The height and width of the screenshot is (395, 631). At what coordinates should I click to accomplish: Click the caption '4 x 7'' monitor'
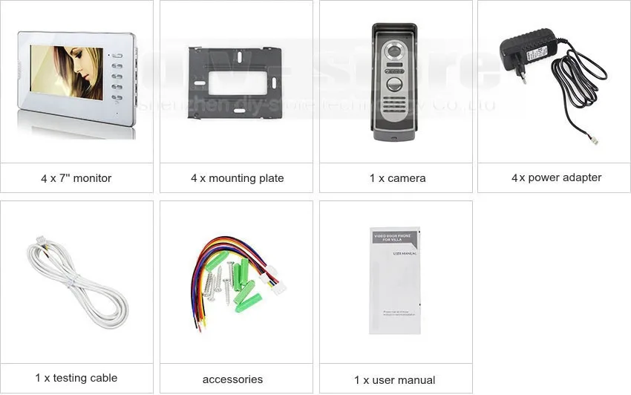[x=76, y=178]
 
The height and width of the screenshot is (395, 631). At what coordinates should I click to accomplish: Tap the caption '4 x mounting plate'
[x=237, y=178]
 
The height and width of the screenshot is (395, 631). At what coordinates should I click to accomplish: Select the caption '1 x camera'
[x=396, y=178]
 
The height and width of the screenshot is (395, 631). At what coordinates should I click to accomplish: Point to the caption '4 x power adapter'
[x=556, y=177]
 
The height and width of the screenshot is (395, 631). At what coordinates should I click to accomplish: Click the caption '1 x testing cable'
[x=76, y=378]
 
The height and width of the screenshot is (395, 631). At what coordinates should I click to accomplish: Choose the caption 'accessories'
[x=232, y=379]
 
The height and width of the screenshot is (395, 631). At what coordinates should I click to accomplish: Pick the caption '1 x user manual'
[x=394, y=380]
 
